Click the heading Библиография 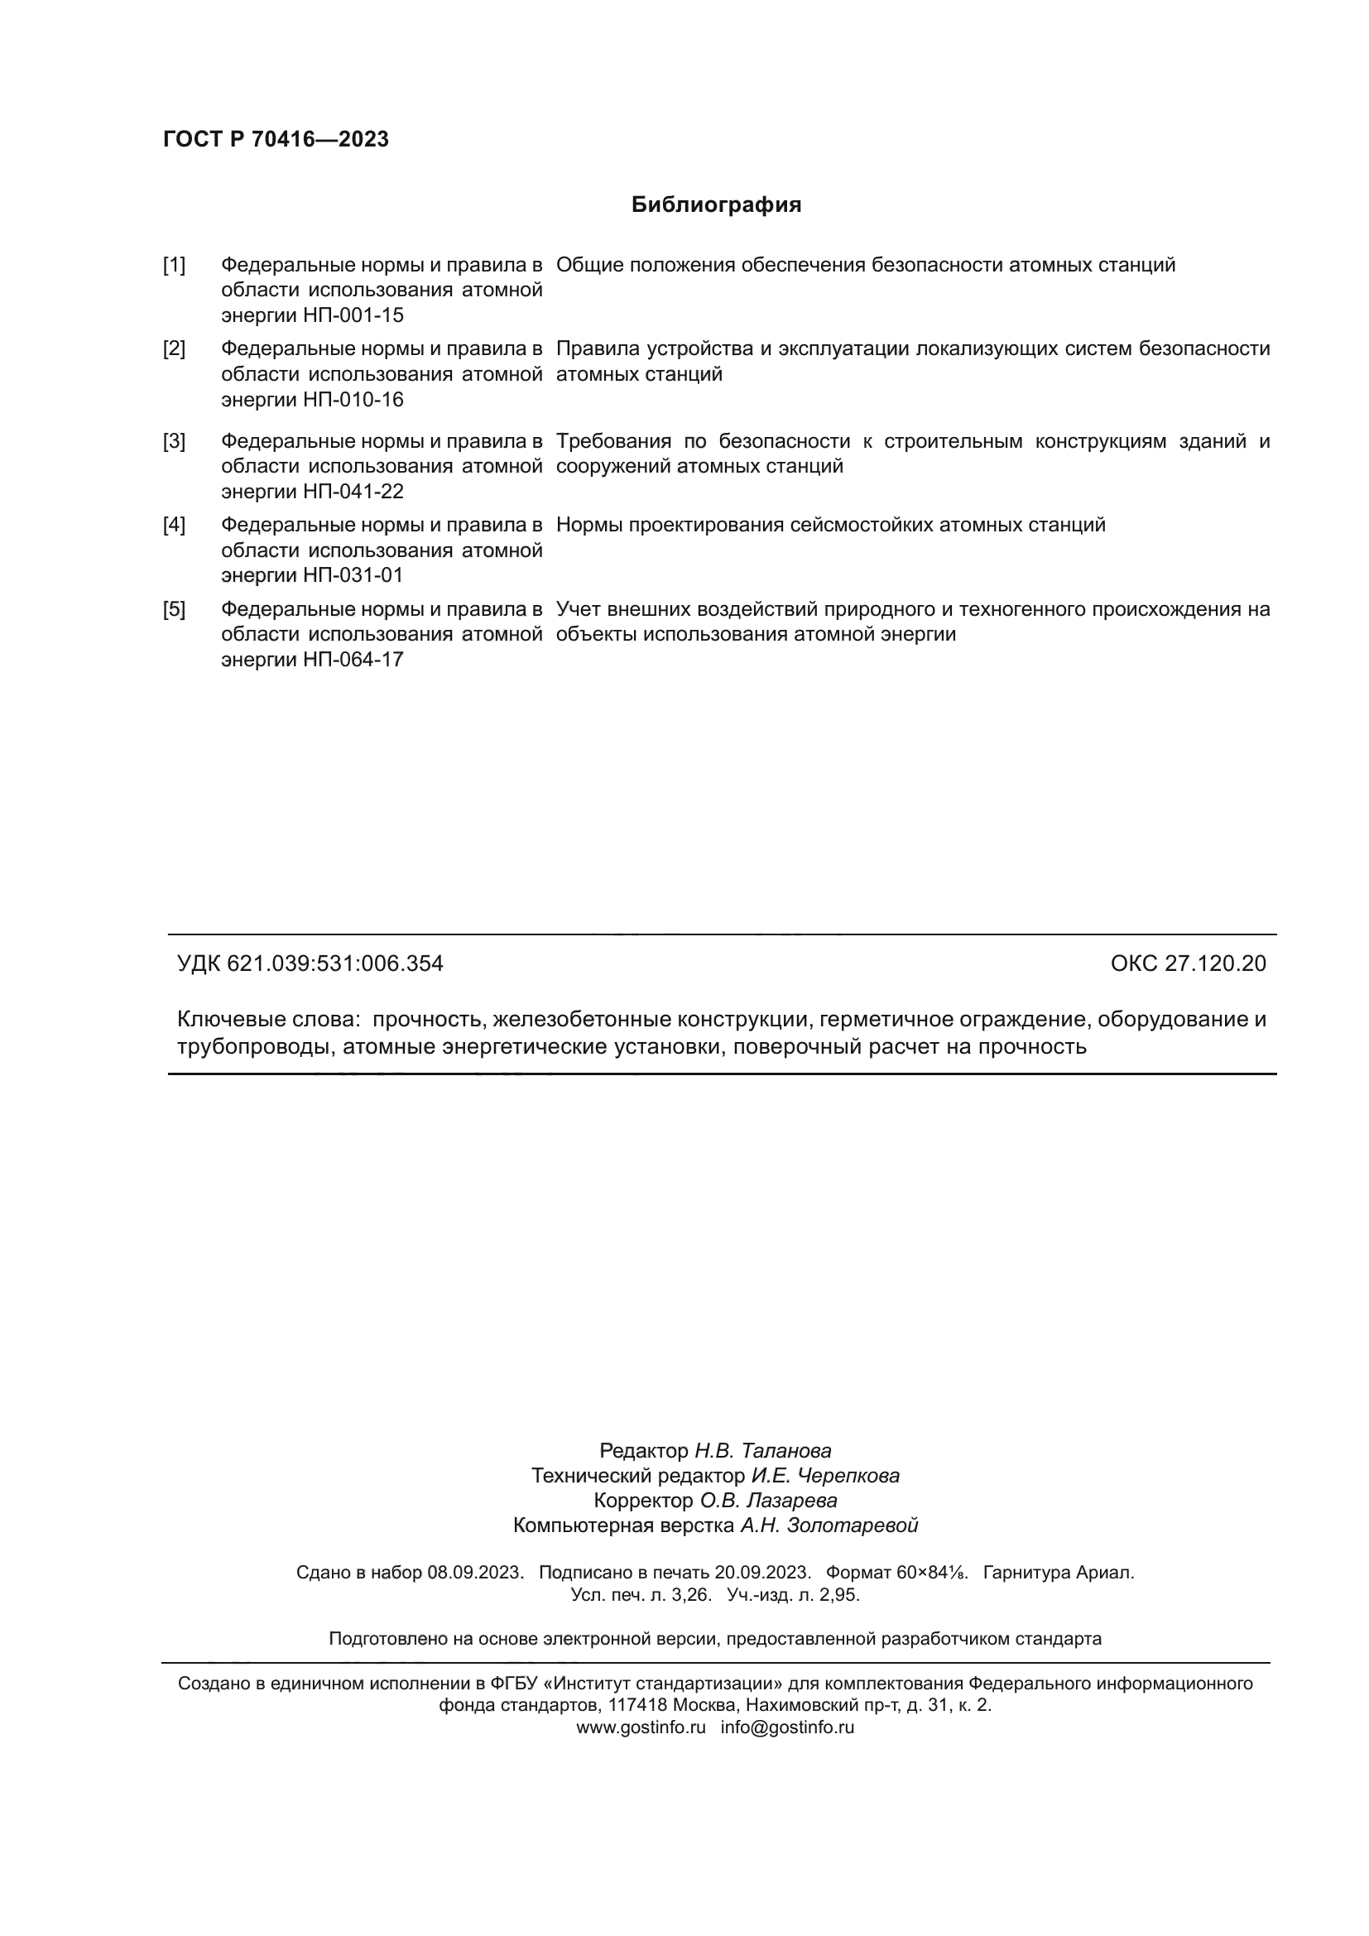716,205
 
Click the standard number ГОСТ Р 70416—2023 276,139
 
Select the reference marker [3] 174,441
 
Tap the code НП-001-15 353,315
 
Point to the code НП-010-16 353,400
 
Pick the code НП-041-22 353,492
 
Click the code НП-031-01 353,575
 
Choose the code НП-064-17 353,660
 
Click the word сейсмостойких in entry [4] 861,526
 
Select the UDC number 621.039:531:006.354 334,963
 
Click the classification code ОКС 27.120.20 1188,963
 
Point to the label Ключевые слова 268,1020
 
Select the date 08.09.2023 475,1573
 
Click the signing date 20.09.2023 762,1573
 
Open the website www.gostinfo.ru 641,1727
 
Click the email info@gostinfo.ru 787,1727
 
